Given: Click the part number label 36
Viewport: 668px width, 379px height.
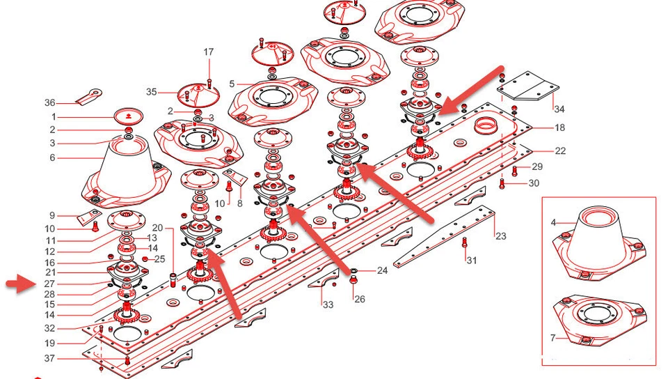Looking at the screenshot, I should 49,103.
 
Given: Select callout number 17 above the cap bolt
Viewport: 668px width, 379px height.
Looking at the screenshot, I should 209,52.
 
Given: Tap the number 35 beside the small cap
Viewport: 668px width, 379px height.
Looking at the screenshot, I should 152,91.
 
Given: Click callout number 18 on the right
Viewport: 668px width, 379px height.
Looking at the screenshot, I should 559,128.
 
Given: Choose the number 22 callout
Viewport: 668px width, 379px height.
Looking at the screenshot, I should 560,151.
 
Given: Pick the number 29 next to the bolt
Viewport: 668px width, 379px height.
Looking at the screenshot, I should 536,167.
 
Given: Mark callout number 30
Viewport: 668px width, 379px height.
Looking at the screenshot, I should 534,184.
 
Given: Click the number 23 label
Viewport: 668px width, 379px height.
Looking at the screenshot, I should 500,236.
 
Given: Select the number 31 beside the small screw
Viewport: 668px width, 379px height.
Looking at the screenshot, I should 472,261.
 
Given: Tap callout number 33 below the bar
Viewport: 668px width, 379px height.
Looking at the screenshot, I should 328,304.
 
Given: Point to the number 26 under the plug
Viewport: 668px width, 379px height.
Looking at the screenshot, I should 359,300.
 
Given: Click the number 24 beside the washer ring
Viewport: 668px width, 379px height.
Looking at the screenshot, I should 382,270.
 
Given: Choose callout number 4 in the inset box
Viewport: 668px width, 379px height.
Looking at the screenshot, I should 553,223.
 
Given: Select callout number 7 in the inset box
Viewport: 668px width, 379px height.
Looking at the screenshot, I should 553,338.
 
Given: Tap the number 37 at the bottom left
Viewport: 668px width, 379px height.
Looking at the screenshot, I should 49,359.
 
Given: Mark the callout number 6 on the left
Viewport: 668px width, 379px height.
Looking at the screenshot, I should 52,158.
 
